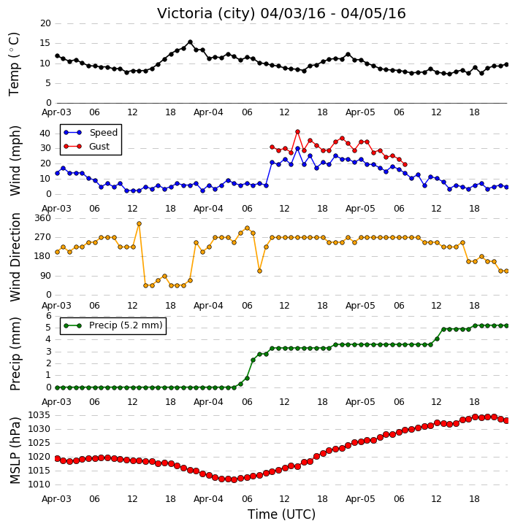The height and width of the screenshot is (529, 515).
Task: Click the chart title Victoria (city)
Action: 206,13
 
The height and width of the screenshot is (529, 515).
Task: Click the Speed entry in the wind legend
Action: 91,133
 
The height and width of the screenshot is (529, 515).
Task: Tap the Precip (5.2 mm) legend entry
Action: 113,325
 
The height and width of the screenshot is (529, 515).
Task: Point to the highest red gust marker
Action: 297,132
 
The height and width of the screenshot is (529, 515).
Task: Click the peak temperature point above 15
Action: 190,42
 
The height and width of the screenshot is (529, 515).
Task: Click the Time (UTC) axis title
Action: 281,514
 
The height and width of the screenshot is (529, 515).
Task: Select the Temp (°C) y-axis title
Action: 14,64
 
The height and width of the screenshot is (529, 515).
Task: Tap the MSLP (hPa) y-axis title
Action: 15,450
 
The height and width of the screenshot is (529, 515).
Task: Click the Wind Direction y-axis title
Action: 15,257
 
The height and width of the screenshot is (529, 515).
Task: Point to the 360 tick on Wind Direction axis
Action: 43,218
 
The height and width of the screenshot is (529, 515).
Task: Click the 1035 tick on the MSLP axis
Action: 39,415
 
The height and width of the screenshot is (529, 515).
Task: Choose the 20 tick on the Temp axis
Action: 45,23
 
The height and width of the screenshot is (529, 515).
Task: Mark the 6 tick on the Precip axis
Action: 49,316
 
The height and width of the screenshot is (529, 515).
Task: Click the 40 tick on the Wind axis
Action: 45,134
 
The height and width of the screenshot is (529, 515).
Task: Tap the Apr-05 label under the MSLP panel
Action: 360,498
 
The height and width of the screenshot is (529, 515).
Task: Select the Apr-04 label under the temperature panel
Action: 208,112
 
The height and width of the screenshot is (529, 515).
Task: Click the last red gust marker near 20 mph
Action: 405,165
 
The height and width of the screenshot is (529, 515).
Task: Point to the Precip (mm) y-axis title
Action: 15,354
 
